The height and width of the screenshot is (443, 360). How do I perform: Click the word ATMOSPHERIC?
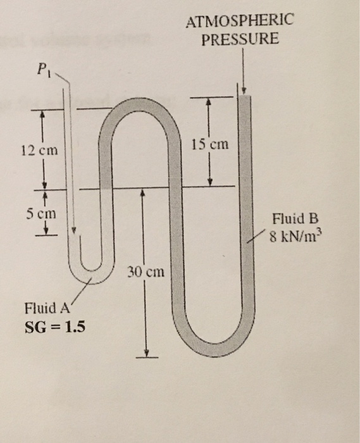[240, 21]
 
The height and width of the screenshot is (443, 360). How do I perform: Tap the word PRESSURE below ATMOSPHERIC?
[239, 39]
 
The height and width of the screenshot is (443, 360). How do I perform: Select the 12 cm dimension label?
[39, 151]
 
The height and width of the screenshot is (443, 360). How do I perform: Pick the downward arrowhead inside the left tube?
[74, 230]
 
